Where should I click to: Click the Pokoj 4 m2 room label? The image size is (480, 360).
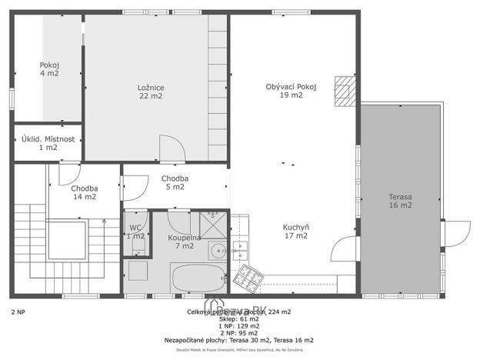49,69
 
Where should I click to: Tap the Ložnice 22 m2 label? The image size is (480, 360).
151,92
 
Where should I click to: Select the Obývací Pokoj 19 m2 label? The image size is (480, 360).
290,91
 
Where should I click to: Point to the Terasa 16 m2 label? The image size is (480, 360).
400,201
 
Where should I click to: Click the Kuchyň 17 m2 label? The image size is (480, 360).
295,232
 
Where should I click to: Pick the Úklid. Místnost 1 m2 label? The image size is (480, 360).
48,143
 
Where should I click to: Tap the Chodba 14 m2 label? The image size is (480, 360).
84,192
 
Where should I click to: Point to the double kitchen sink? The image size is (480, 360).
240,249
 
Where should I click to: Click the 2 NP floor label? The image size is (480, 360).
18,312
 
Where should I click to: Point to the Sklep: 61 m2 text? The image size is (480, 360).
238,318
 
